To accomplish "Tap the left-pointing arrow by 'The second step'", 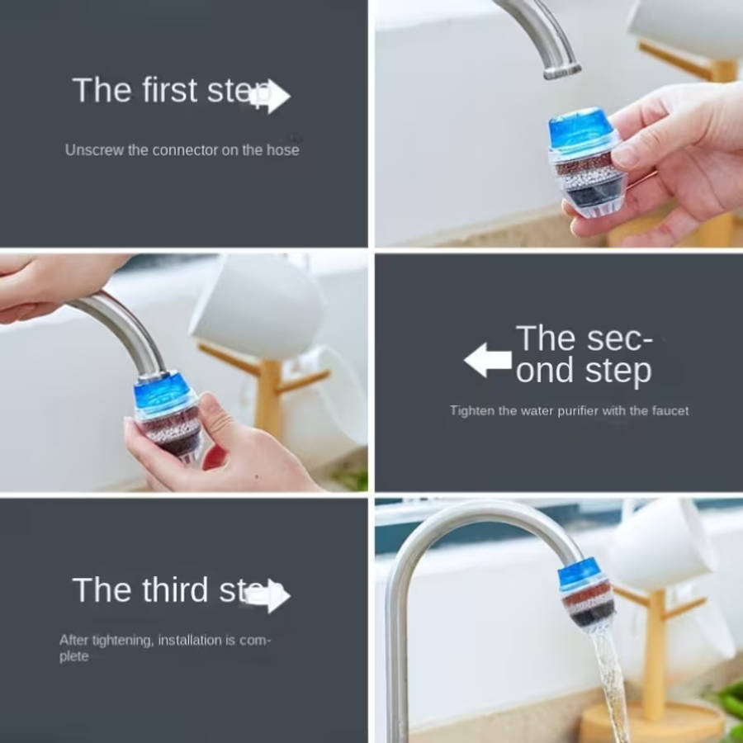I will coord(488,361).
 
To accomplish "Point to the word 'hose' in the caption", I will coord(282,150).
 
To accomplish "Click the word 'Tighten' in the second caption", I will coord(471,410).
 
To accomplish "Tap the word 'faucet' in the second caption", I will coord(667,410).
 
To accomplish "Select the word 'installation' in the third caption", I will coord(190,640).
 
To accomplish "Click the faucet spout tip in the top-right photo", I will coord(561,69).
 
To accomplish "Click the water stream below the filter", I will coord(611,677).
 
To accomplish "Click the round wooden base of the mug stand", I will coord(652,723).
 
